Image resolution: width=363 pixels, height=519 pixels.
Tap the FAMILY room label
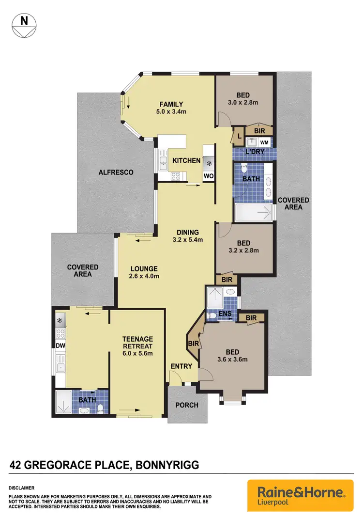pos(171,104)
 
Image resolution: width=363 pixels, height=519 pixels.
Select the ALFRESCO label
pos(116,173)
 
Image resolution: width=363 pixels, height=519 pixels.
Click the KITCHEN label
pos(186,160)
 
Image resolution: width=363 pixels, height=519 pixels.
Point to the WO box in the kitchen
pos(208,175)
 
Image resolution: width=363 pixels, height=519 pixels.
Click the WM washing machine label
pos(264,142)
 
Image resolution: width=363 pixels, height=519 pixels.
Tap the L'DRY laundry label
pos(254,153)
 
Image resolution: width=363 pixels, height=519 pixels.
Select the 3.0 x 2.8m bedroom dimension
pos(243,103)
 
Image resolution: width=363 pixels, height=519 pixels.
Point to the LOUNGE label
pos(143,268)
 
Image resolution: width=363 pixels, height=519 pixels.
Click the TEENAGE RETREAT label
pos(137,342)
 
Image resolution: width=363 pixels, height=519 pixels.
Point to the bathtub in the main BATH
pos(253,212)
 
